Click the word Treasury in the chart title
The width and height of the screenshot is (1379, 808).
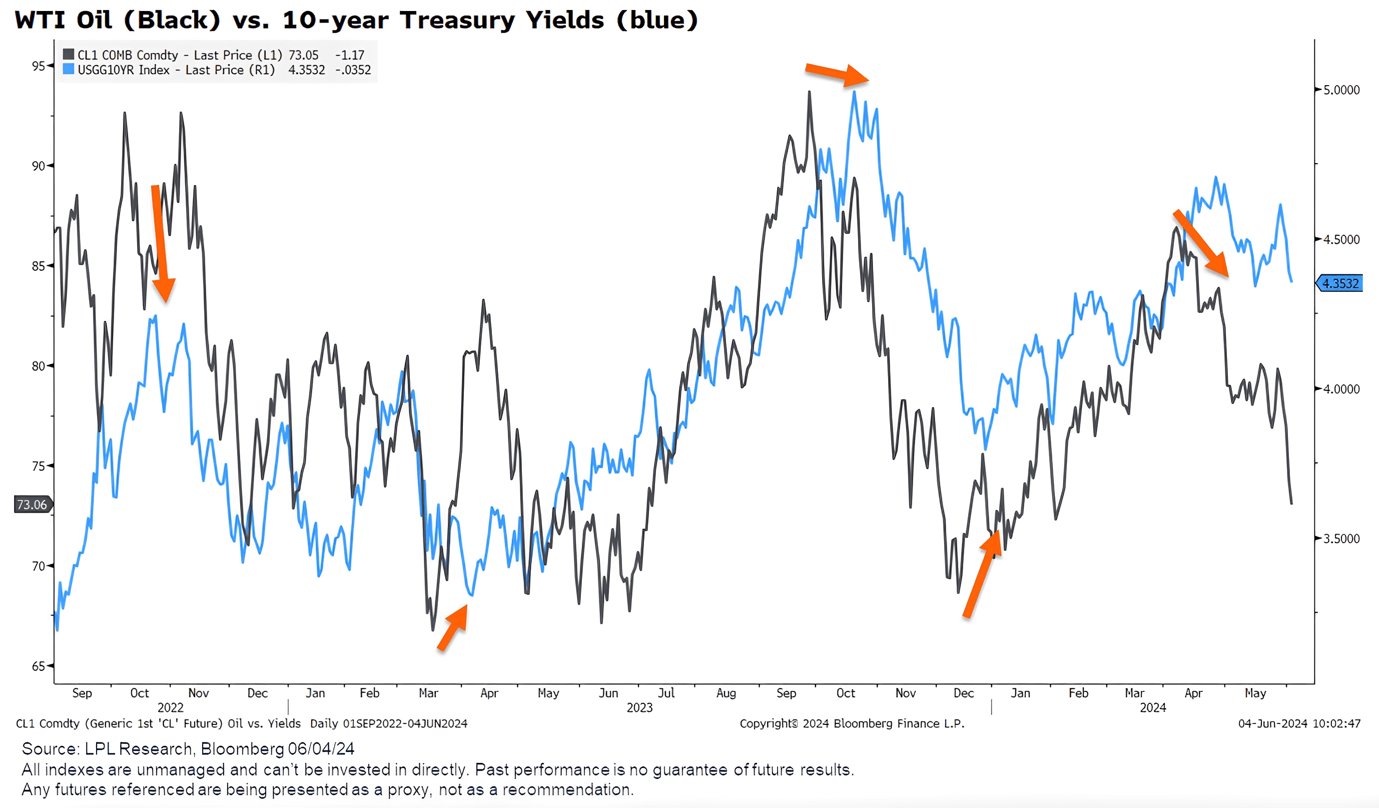coord(457,20)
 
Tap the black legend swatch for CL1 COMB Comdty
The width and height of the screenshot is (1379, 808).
coord(69,54)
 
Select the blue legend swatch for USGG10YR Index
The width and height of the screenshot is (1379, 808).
coord(69,69)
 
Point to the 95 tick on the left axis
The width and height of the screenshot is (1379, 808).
coord(39,66)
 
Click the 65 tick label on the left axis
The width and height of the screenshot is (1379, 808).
coord(39,666)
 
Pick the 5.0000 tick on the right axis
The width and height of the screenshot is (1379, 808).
coord(1340,90)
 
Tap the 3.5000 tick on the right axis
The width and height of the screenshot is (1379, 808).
coord(1340,539)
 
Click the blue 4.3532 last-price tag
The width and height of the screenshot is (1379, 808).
coord(1340,283)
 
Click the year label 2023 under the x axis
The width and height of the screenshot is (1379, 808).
coord(639,708)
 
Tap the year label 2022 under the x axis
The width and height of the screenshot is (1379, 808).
coord(170,708)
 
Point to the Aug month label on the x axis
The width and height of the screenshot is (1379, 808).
coord(726,693)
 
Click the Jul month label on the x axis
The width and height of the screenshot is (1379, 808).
coord(666,693)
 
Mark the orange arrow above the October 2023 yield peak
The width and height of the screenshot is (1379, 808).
coord(837,74)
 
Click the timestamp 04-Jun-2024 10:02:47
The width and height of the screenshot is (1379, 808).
coord(1299,724)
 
